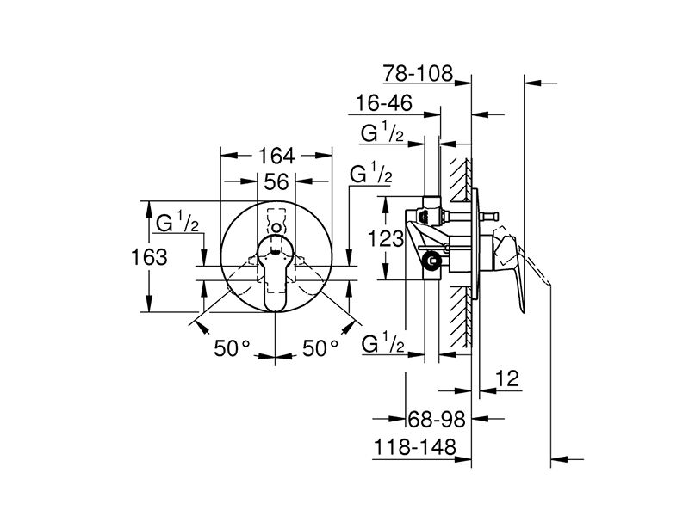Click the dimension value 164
(276, 156)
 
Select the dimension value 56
(276, 181)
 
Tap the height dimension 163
(149, 256)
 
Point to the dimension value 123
(385, 239)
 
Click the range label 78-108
(418, 73)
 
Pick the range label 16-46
(383, 103)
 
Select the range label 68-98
(437, 419)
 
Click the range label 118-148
(415, 447)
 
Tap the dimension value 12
(507, 378)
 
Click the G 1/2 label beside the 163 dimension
(177, 222)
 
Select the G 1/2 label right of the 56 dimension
(371, 173)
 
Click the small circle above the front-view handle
(276, 228)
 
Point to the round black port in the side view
(431, 261)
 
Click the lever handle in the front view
(275, 273)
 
